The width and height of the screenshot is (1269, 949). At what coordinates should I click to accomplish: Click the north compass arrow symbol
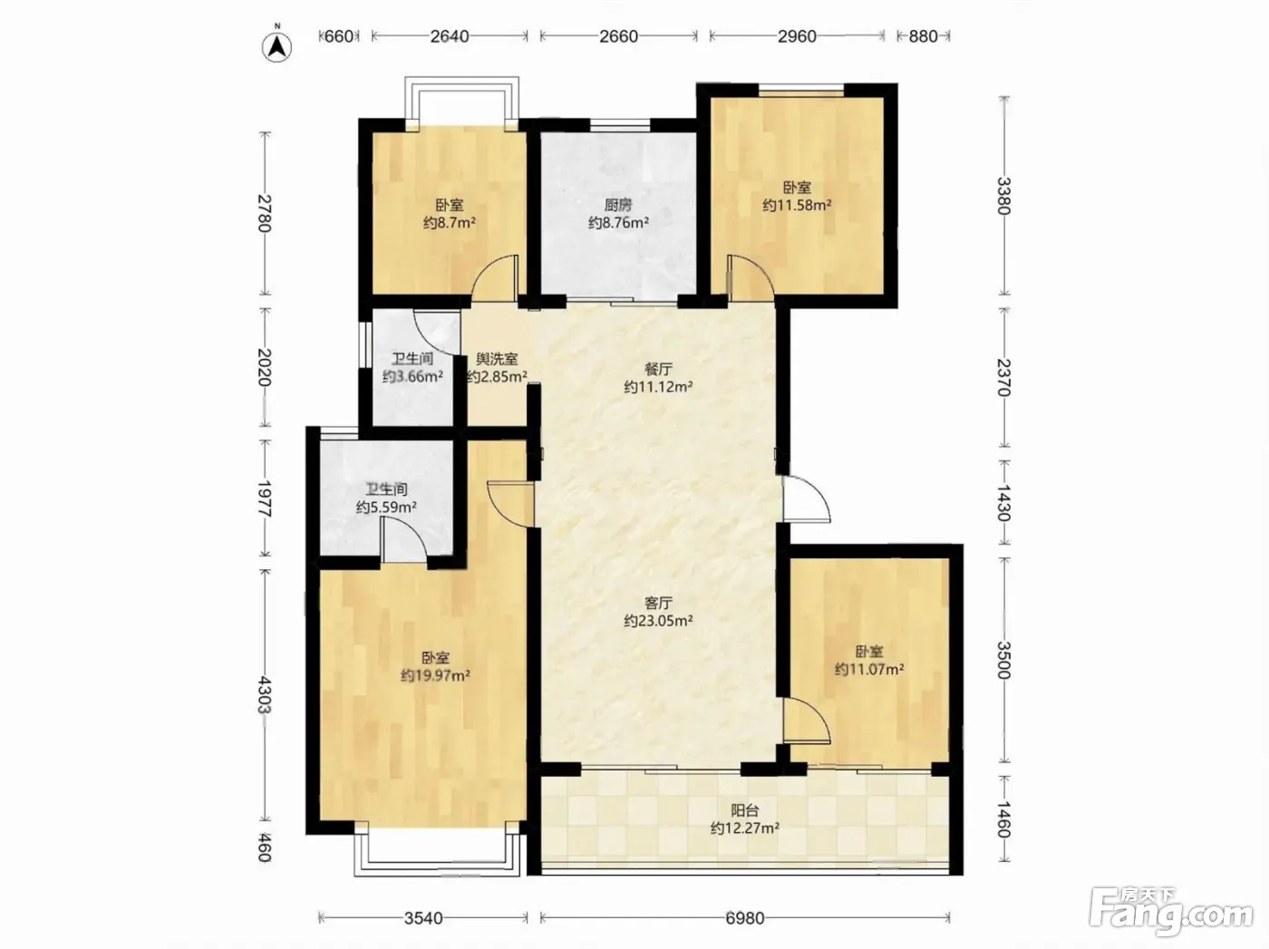click(277, 47)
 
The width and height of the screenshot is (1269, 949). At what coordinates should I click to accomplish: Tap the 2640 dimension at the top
click(450, 36)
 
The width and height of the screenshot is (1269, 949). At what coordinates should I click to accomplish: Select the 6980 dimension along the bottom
click(745, 918)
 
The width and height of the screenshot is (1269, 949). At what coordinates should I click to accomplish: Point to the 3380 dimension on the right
click(1004, 196)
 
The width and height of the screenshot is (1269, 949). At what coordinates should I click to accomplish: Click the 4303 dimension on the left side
click(265, 694)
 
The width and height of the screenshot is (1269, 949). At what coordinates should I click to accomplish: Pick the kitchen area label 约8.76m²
click(618, 222)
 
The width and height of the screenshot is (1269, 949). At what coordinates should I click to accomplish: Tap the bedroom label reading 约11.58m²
click(797, 205)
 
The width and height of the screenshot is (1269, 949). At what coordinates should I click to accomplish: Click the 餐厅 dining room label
click(658, 369)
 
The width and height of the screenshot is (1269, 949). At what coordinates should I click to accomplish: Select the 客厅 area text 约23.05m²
click(658, 621)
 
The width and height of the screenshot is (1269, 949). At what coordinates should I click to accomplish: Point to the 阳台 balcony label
click(745, 810)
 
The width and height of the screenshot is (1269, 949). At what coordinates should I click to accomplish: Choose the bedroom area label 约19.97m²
click(435, 675)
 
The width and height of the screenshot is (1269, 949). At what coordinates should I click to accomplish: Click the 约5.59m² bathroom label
click(386, 508)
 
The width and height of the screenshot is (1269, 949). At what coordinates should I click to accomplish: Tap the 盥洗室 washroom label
click(497, 359)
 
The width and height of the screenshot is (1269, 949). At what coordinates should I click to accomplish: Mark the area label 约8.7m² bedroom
click(450, 222)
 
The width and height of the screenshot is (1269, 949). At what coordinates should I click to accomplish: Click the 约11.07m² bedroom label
click(869, 669)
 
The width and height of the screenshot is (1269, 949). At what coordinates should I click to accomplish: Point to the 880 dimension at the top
click(923, 36)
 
